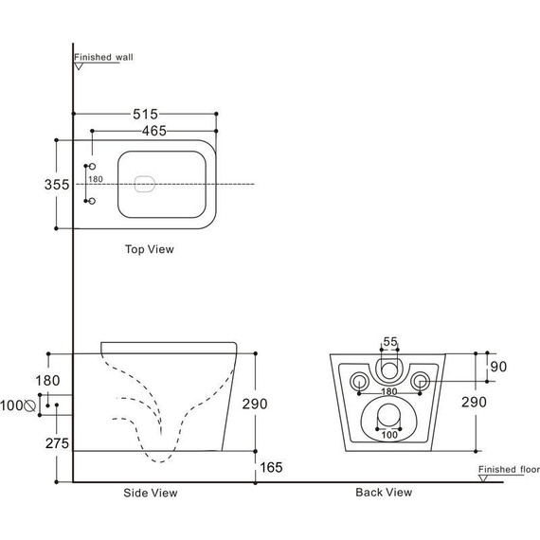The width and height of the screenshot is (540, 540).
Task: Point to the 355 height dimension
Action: [x=58, y=185]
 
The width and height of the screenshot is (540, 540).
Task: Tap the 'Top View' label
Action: [x=150, y=250]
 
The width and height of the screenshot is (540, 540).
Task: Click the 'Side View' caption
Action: [x=151, y=493]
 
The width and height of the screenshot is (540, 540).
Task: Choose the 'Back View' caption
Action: [x=384, y=492]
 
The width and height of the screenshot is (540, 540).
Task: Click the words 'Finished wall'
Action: [x=104, y=57]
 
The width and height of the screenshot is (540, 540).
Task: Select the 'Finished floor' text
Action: [x=508, y=469]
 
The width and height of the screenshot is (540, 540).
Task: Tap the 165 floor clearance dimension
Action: [x=271, y=466]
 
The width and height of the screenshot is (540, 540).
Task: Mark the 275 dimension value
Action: [x=57, y=442]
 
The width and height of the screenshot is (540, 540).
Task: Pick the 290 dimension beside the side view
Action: [x=254, y=404]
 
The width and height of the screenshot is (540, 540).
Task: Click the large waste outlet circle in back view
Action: [x=388, y=415]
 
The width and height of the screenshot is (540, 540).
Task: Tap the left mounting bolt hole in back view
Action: [x=359, y=382]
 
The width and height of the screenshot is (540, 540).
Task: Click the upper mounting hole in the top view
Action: [x=92, y=167]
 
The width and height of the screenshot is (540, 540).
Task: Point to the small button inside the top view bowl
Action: [x=145, y=184]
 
